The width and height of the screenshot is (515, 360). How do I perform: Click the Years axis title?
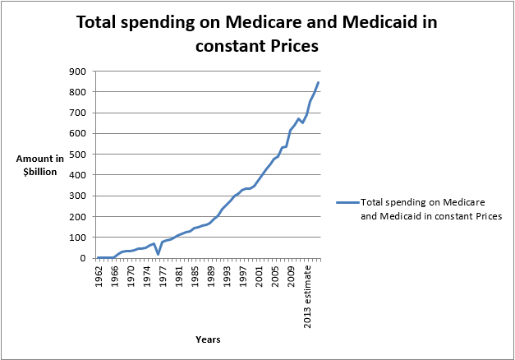[208, 339]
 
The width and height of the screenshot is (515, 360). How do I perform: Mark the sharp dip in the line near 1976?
[157, 255]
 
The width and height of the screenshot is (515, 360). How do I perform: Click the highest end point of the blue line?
[318, 82]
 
